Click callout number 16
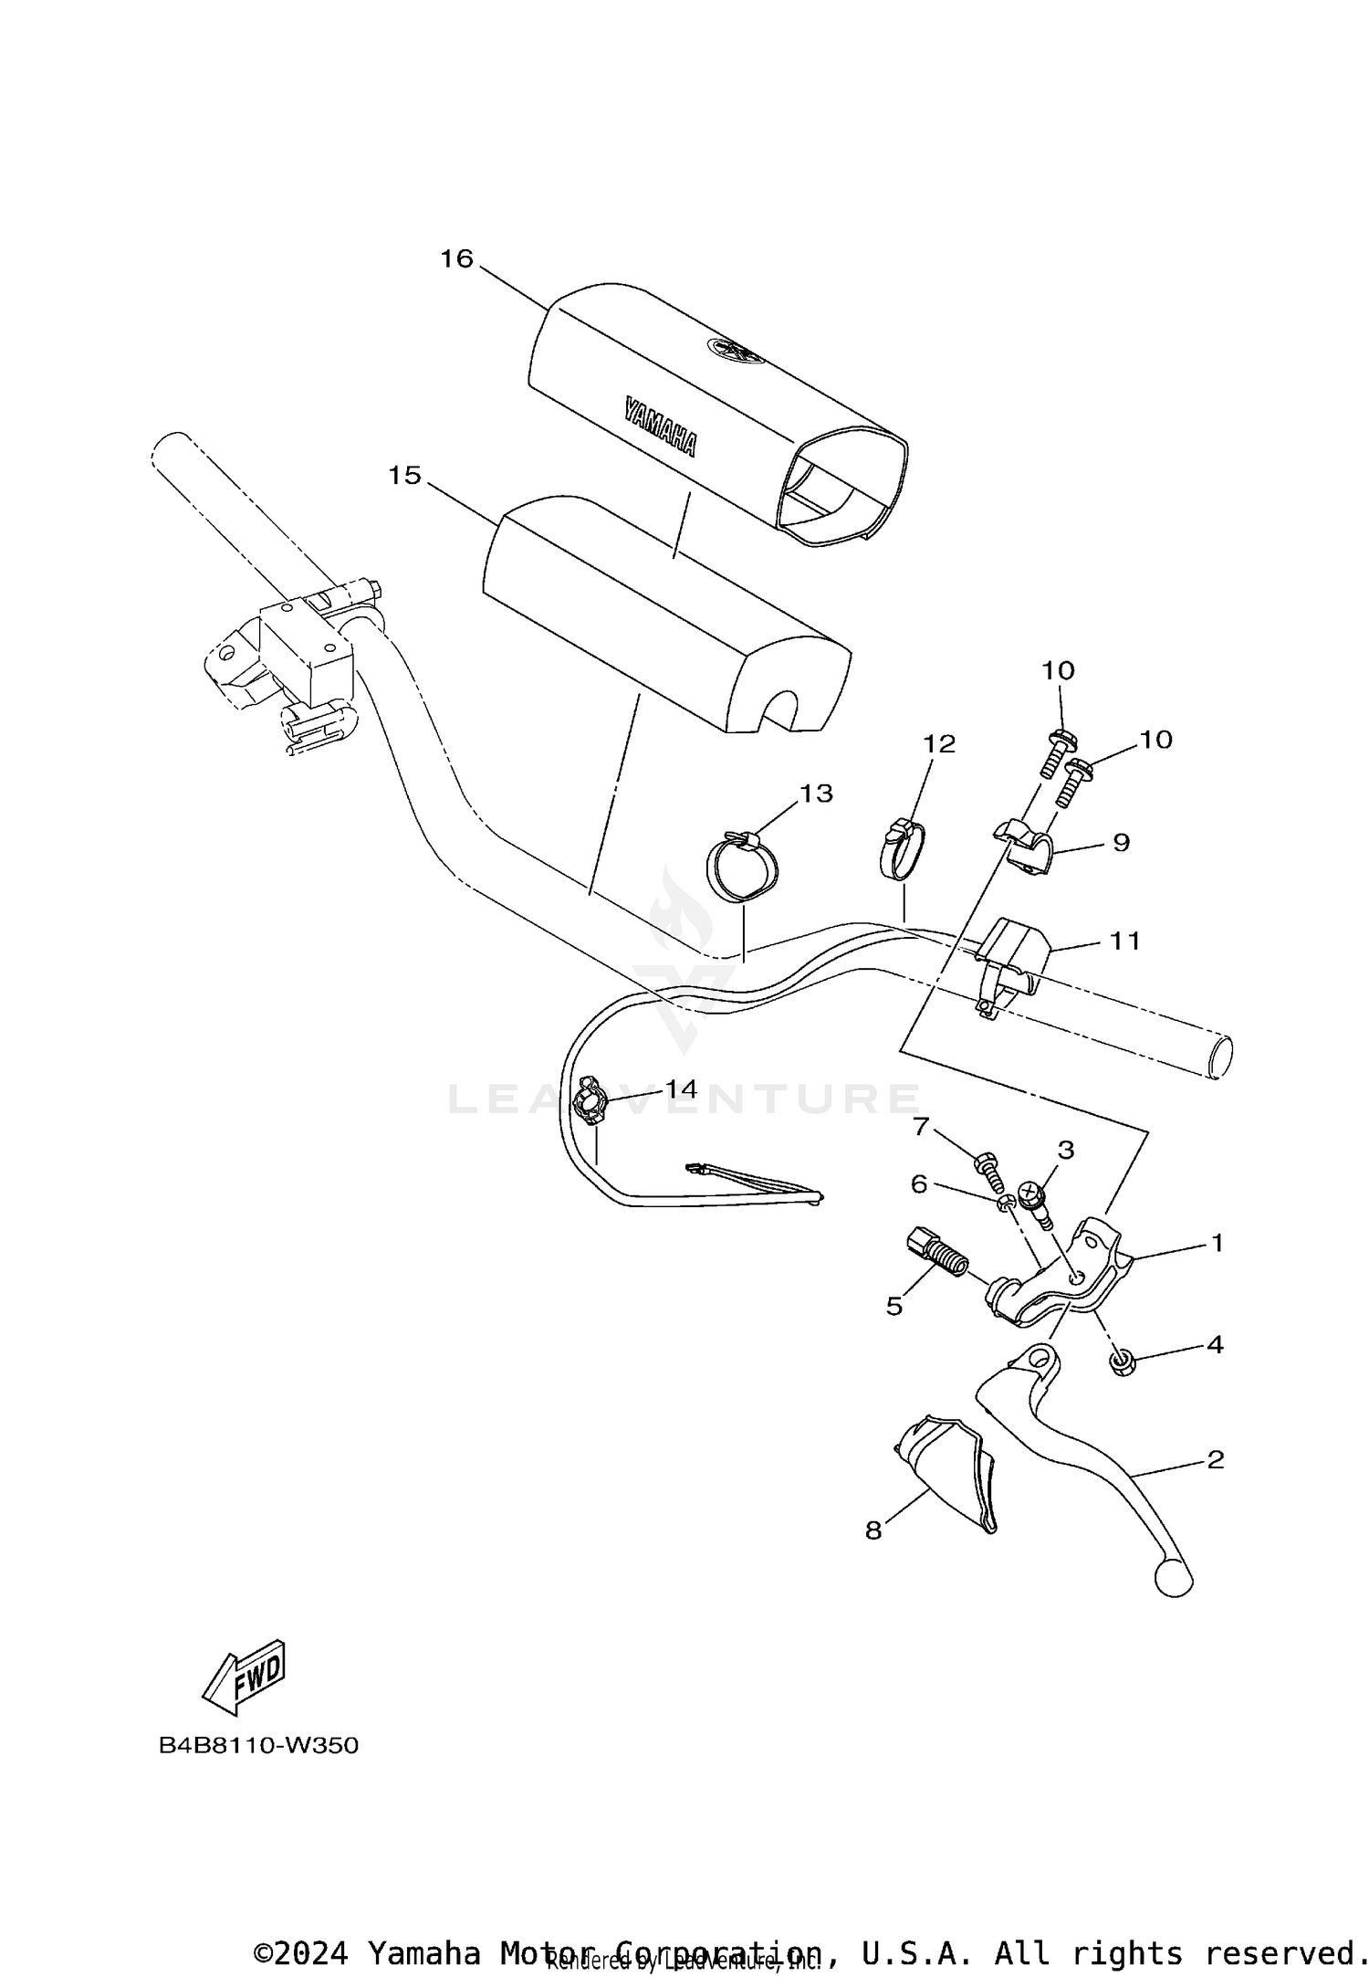tap(457, 259)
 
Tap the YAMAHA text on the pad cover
tap(660, 426)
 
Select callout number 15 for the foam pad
tap(405, 476)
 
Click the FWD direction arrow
tap(244, 1678)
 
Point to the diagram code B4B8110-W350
tap(259, 1745)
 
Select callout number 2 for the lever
tap(1215, 1459)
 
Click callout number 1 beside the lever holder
tap(1217, 1242)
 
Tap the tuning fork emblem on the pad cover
tap(735, 349)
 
